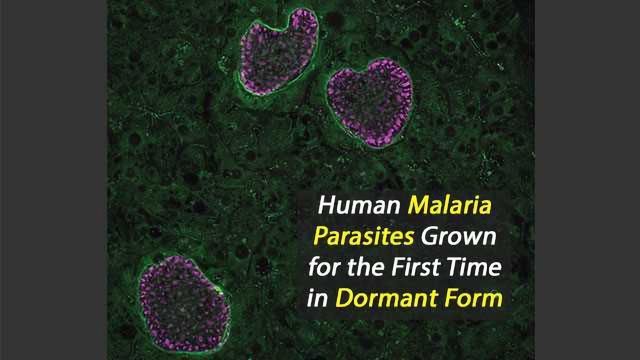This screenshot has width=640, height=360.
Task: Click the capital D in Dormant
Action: click(x=344, y=297)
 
